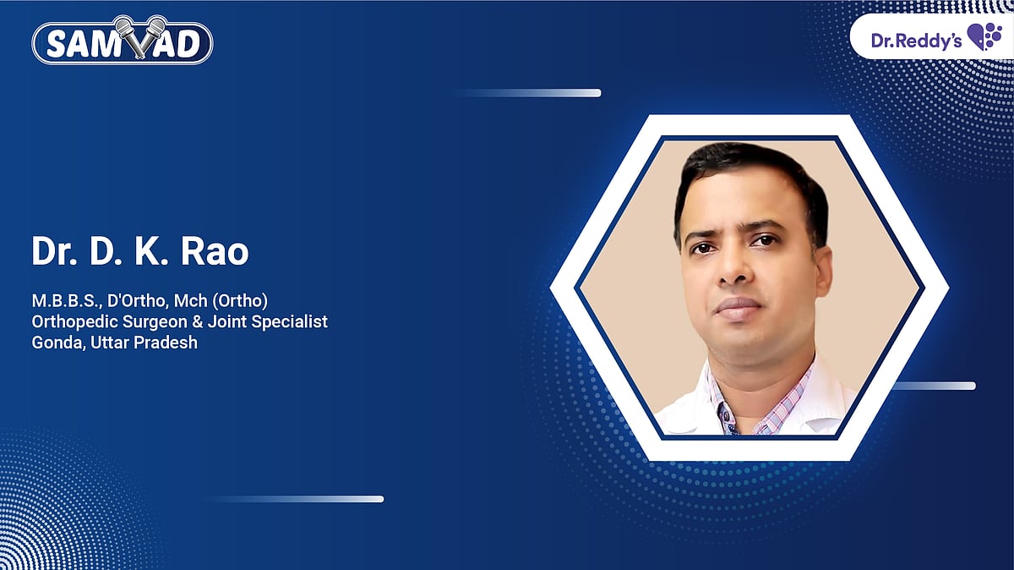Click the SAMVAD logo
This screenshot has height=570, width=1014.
click(x=123, y=41)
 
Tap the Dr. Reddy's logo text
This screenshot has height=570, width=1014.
click(x=916, y=41)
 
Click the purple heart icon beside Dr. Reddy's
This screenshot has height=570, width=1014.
click(x=984, y=36)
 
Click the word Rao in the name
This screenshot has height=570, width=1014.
click(x=215, y=251)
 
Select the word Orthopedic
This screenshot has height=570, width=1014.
click(x=74, y=322)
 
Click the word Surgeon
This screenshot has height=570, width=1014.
click(x=155, y=322)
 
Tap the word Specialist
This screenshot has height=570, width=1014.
click(x=290, y=322)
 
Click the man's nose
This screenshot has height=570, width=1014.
click(x=733, y=268)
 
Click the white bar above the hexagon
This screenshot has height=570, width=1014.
click(x=527, y=93)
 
